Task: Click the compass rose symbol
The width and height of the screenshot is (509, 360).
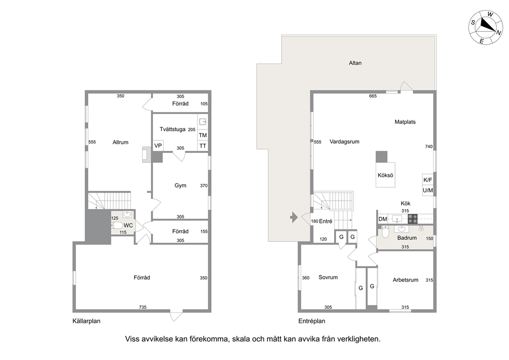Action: (485, 27)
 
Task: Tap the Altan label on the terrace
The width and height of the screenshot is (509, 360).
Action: (355, 63)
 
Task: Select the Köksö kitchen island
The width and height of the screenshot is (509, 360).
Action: (385, 175)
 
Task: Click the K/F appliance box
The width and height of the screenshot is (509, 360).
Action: (427, 180)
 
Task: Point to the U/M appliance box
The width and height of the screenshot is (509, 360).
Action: (427, 191)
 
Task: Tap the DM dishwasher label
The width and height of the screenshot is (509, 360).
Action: (383, 219)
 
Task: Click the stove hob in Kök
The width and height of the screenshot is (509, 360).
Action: (413, 219)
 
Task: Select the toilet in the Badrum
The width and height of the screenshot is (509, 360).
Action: (385, 232)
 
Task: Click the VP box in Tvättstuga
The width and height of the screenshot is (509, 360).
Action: (158, 145)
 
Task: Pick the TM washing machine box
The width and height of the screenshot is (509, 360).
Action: (203, 135)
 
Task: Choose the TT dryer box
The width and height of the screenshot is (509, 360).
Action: (203, 146)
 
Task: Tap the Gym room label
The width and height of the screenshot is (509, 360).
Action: (181, 185)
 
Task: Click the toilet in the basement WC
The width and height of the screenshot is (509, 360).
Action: (117, 225)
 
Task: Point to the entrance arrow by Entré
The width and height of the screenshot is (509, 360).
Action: (294, 217)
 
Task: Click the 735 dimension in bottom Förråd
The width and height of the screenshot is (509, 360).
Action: (143, 307)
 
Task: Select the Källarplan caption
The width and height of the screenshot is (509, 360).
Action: (86, 321)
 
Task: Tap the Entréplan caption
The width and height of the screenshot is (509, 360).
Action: (311, 321)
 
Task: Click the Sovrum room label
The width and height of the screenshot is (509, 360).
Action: (328, 277)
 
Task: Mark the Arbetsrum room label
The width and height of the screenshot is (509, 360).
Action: (405, 280)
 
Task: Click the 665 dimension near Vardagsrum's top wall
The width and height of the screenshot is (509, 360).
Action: (373, 96)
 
